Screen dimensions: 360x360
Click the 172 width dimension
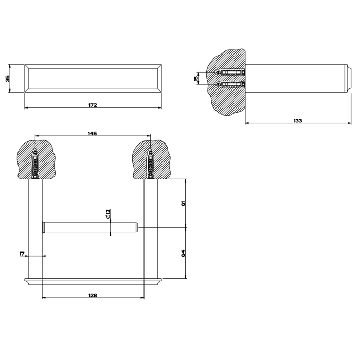[x=93, y=105]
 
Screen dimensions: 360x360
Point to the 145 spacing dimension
[x=93, y=133]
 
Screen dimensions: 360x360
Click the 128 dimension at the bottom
[x=93, y=295]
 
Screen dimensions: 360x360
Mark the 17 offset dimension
[x=22, y=253]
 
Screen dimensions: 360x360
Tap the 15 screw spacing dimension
[x=196, y=78]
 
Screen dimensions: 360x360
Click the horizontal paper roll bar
[x=90, y=227]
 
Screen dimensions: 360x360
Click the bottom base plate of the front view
[x=93, y=281]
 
